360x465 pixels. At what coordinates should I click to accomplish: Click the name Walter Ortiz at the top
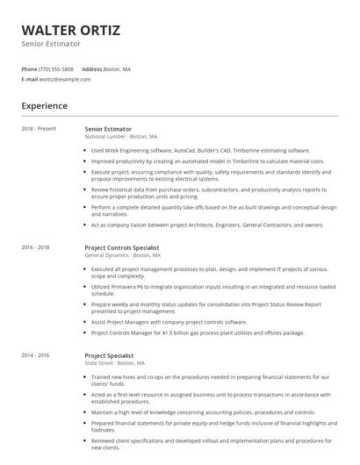pos(71,31)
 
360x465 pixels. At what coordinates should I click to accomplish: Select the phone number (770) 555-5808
pos(56,68)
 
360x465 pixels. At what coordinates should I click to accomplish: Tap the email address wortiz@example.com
pos(65,79)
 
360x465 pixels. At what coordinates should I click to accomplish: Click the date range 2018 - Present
pos(39,129)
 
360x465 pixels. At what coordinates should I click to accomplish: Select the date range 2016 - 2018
pos(36,247)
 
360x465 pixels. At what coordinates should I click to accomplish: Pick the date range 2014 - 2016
pos(36,330)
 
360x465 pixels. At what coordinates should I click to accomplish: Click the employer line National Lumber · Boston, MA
pos(121,137)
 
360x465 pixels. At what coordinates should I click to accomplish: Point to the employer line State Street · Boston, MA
pos(115,338)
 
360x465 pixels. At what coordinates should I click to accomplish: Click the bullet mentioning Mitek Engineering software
pos(200,150)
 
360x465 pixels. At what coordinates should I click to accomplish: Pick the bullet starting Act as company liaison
pos(207,225)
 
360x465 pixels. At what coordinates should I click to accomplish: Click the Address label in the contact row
pos(92,68)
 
